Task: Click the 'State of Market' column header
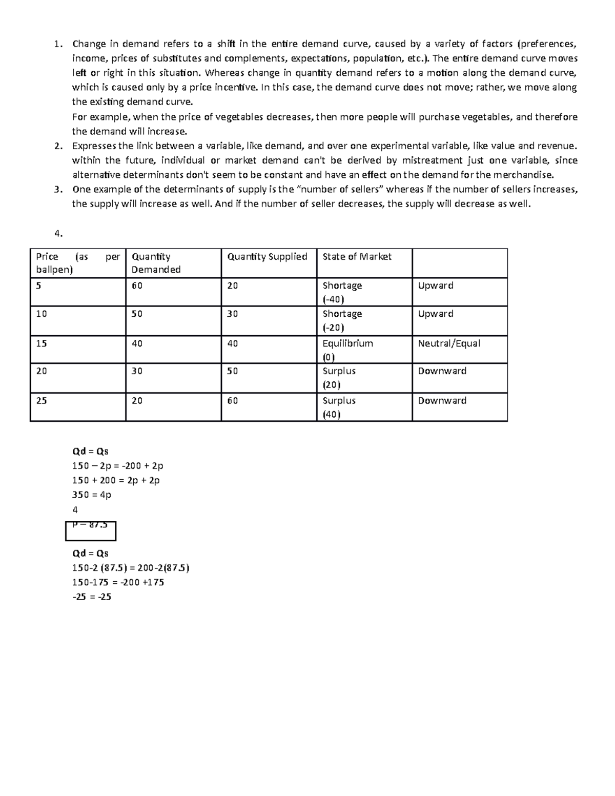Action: click(357, 257)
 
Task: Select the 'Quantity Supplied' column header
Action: click(267, 257)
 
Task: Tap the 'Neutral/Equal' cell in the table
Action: click(449, 343)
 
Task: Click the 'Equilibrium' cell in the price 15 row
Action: click(347, 343)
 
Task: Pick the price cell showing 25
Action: click(42, 401)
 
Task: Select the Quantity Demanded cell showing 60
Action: click(137, 285)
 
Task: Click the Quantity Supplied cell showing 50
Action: click(233, 371)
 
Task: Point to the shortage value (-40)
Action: click(333, 299)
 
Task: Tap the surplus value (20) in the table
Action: click(332, 384)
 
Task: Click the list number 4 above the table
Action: click(58, 234)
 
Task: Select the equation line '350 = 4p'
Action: click(92, 495)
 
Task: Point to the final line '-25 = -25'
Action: click(92, 597)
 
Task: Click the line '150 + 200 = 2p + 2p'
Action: click(116, 480)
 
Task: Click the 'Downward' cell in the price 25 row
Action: click(442, 401)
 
